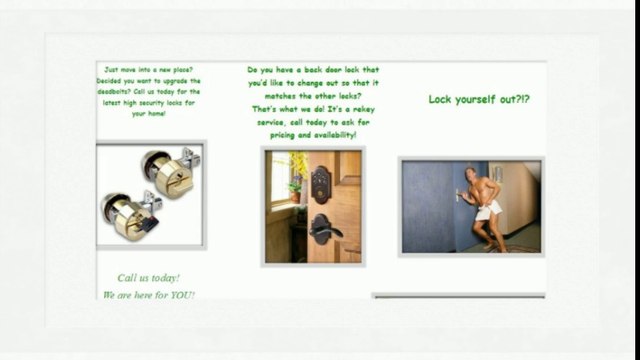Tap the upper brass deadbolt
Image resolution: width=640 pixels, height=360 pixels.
point(168,172)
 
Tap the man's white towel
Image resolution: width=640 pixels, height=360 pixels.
point(490,209)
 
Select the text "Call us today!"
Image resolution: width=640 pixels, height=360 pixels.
point(149,277)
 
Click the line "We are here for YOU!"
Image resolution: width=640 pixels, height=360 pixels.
point(149,295)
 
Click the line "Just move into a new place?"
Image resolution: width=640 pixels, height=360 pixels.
point(149,70)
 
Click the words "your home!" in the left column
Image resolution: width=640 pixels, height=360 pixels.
point(149,114)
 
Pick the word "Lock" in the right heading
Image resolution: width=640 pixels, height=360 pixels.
point(442,99)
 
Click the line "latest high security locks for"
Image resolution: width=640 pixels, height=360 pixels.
point(149,103)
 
